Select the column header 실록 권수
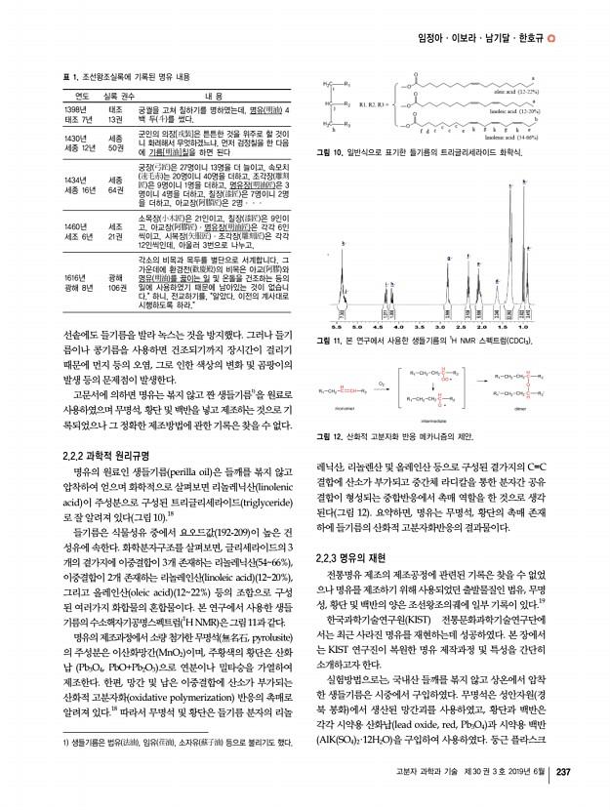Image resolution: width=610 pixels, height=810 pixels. (117, 96)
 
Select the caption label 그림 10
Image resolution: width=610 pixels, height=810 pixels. (333, 154)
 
